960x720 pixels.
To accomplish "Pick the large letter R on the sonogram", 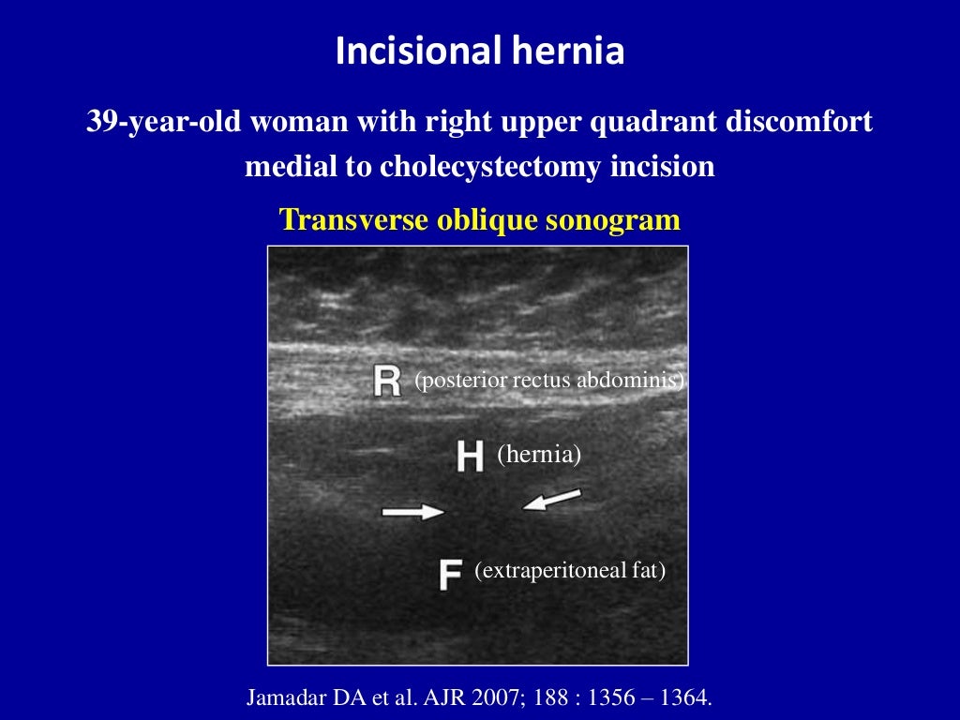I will coord(386,382).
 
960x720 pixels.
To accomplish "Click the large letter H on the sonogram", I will coord(470,457).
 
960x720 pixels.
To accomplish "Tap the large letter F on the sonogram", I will coord(450,574).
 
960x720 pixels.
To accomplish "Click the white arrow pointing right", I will coord(413,511).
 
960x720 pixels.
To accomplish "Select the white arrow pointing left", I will coord(552,500).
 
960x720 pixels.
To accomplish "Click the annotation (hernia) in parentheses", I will coord(539,456).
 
